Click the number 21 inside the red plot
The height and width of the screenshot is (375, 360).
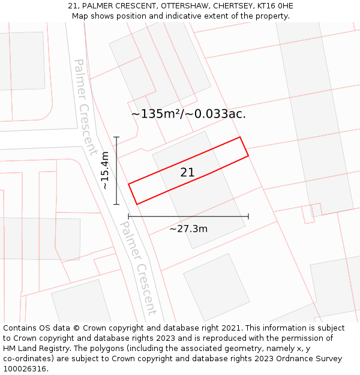(x=187, y=173)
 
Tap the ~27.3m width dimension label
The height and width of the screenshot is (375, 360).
(x=188, y=229)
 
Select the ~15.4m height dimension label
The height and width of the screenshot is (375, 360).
(x=106, y=170)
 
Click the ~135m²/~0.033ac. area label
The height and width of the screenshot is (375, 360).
(x=188, y=114)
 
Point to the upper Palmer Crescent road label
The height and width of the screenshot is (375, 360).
(x=85, y=107)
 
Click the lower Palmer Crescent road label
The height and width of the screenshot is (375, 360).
(x=138, y=268)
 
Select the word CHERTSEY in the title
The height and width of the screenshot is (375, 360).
(x=232, y=6)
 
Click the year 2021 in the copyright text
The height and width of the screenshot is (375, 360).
(x=228, y=328)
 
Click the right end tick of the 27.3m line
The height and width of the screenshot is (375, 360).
(x=248, y=216)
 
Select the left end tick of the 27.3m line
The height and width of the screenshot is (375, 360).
(x=128, y=216)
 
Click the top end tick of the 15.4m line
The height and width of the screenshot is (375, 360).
(x=117, y=137)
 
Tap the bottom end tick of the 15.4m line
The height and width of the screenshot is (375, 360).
(x=117, y=205)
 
